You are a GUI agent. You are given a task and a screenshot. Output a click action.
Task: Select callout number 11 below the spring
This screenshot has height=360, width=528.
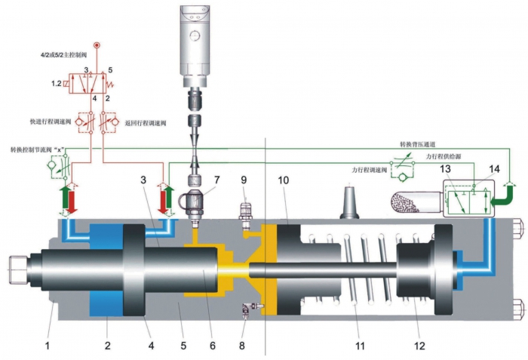pyautogui.click(x=359, y=346)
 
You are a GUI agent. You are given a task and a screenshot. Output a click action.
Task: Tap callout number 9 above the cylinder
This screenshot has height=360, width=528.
pyautogui.click(x=244, y=180)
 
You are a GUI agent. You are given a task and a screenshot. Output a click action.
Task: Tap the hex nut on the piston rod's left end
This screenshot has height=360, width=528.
pyautogui.click(x=17, y=266)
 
